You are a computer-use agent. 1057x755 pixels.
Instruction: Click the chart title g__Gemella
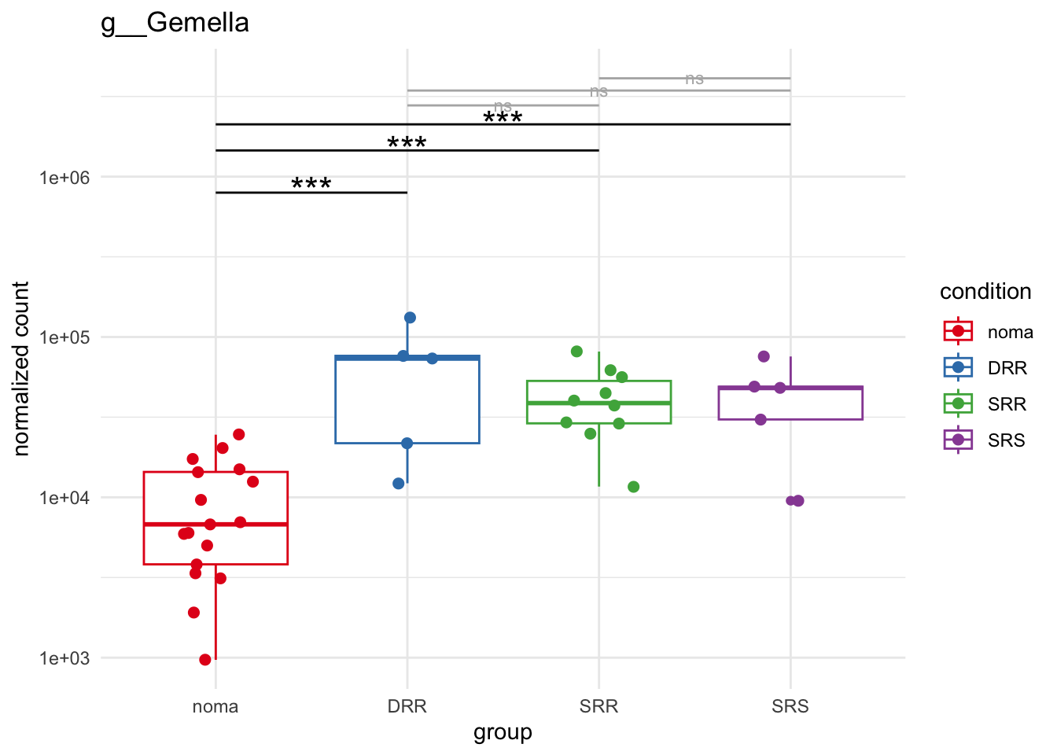[175, 23]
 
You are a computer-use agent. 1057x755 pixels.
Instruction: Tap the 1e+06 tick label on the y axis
[64, 178]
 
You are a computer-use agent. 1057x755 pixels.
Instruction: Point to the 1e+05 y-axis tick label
[64, 337]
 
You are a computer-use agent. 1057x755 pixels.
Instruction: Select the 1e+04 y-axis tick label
[64, 498]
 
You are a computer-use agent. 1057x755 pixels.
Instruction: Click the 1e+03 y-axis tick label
[64, 658]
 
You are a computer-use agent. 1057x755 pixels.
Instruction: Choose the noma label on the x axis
[215, 706]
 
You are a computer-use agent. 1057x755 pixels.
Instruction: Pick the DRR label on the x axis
[407, 706]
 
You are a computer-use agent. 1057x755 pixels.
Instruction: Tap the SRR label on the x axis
[598, 706]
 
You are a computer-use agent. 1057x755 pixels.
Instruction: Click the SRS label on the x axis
[790, 706]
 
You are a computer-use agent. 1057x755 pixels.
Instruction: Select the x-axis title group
[503, 732]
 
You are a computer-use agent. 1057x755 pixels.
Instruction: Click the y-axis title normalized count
[21, 368]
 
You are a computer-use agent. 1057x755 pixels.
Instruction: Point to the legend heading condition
[985, 292]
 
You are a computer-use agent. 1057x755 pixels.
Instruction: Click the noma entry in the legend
[1010, 332]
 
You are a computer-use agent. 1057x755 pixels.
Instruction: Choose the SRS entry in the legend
[1007, 440]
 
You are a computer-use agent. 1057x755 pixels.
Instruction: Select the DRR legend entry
[1007, 368]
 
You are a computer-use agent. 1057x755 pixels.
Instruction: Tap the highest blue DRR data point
[410, 318]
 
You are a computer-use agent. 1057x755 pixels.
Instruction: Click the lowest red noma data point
[205, 660]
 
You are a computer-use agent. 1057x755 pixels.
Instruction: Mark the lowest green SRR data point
[634, 487]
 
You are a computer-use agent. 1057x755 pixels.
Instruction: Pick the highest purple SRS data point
[764, 356]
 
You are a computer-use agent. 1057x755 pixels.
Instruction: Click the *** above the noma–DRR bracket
[311, 185]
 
